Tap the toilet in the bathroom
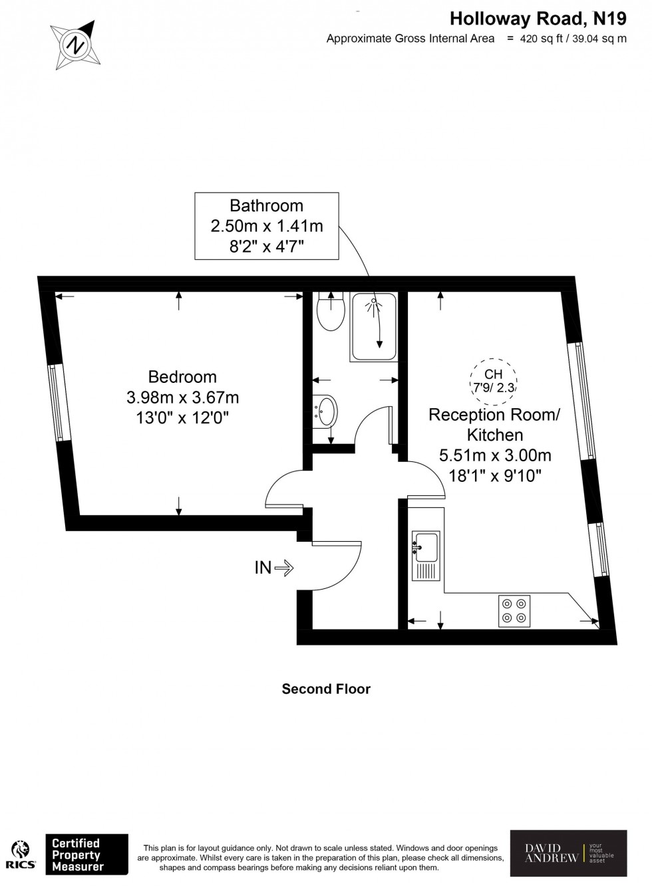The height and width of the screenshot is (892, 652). coord(330,313)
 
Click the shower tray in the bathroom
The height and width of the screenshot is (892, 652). coord(373,327)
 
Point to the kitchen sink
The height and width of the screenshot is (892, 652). coord(425,546)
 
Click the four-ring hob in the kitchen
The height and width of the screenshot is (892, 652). coord(514,611)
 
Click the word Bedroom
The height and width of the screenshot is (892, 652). coord(182,377)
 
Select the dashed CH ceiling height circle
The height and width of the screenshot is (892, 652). coord(493,381)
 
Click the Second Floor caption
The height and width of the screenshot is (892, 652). coord(326,689)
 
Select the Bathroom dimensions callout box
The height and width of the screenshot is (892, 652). coord(266,226)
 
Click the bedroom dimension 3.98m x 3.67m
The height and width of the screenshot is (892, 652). coord(182,397)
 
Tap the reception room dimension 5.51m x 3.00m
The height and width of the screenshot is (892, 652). coord(494,455)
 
